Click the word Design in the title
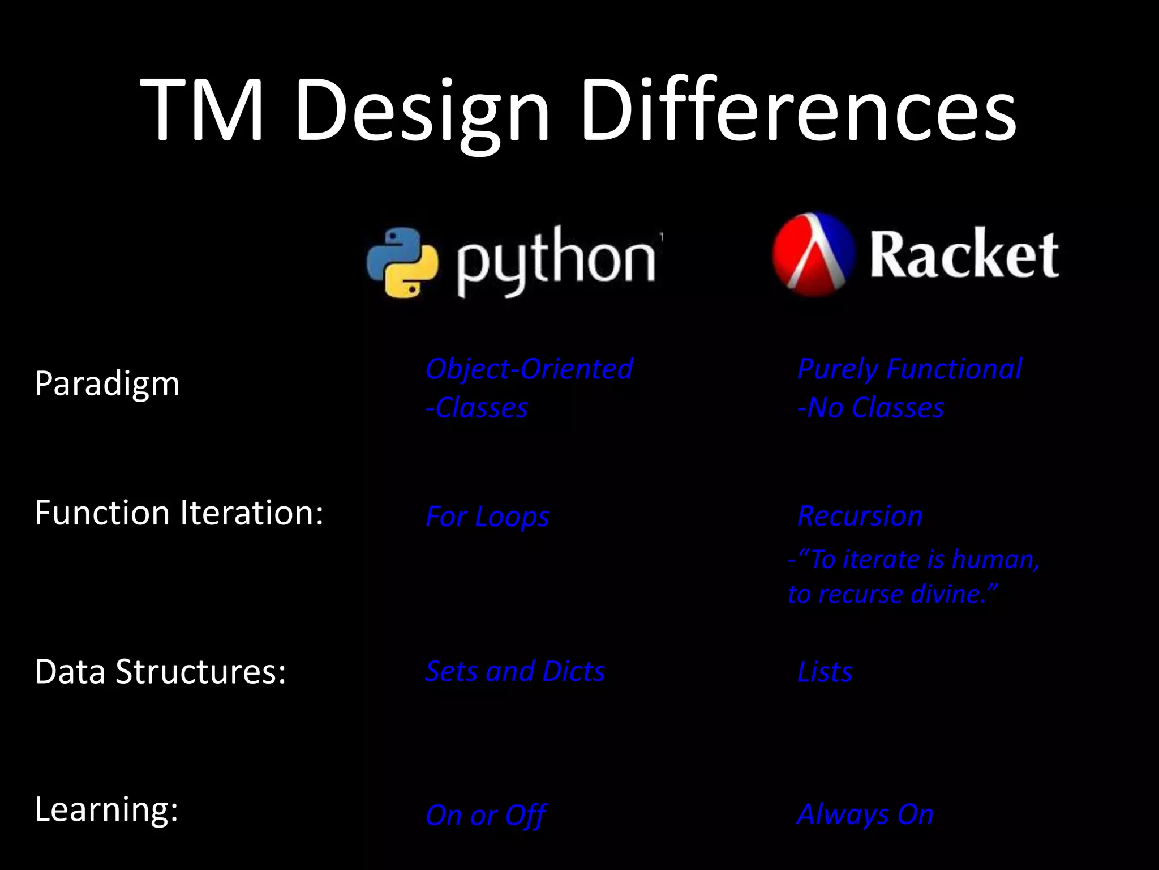coord(422,110)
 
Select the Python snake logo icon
coord(402,262)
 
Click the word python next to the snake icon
coord(557,261)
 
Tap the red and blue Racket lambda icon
coord(813,254)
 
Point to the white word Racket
coord(963,254)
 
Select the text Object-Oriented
coord(529,369)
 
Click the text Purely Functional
coord(909,369)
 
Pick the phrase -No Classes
coord(870,408)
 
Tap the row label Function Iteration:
coord(179,513)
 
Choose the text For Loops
coord(487,517)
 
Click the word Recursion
coord(860,516)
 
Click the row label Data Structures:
coord(160,672)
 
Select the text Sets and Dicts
coord(515,672)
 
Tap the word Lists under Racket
coord(825,672)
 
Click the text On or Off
coord(486,816)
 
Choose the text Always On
coord(865,814)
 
